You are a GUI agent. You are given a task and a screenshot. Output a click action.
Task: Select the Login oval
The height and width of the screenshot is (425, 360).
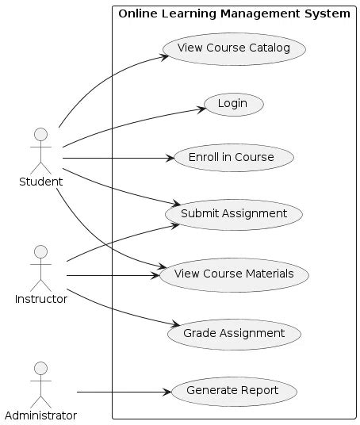click(233, 103)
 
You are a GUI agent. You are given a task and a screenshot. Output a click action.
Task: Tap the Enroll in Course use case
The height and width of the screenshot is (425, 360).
click(231, 157)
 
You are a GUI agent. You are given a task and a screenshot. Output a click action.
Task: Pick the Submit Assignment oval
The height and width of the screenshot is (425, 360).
click(232, 213)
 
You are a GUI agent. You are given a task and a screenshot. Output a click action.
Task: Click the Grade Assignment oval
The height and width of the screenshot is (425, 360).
click(233, 333)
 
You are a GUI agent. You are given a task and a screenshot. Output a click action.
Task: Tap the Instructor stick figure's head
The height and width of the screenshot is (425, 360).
click(40, 252)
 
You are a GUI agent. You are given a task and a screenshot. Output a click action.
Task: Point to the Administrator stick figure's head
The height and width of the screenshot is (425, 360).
click(40, 369)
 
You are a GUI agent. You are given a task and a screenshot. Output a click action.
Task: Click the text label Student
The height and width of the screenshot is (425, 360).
click(40, 182)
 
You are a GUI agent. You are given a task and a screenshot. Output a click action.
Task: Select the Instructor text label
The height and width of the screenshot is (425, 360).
click(40, 299)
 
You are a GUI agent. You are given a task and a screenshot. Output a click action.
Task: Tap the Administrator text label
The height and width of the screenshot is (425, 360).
click(40, 415)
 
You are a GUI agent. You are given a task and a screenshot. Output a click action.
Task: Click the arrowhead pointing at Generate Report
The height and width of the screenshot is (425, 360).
click(167, 392)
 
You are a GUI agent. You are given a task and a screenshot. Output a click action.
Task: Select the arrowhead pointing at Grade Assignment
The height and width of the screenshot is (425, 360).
click(170, 326)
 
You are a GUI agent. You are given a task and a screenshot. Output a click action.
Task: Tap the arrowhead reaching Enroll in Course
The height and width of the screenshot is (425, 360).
click(169, 159)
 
